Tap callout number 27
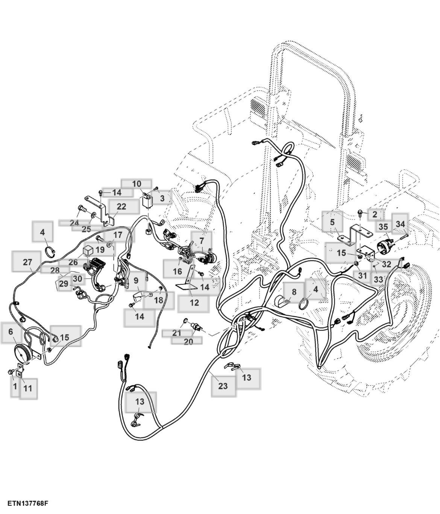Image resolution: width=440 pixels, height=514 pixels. click(27, 262)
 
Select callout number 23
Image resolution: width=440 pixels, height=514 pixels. click(223, 386)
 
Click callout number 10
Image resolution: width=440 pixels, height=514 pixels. click(137, 184)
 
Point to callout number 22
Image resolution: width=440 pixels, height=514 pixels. click(121, 206)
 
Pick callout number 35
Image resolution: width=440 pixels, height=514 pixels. click(383, 227)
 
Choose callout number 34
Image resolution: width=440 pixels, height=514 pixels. click(400, 225)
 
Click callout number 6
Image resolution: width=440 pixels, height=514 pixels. click(11, 332)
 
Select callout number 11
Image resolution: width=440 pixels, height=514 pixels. click(27, 388)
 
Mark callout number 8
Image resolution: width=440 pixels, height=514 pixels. click(294, 292)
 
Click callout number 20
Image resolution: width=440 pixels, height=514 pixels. click(188, 341)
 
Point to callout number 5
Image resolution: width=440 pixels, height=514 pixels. click(332, 222)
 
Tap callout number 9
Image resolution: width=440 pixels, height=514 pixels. click(136, 280)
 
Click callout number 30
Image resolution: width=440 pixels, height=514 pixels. click(77, 279)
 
